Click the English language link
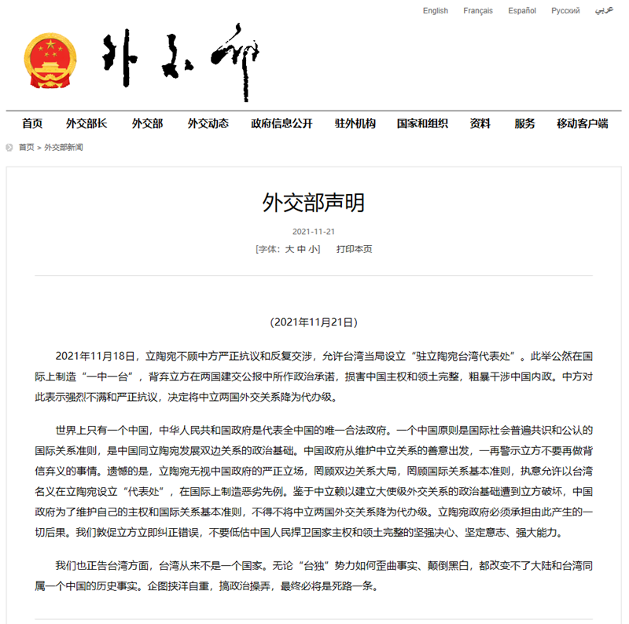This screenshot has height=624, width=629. pos(435,11)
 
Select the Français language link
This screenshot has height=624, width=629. pos(478,11)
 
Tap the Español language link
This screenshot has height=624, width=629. pos(522,11)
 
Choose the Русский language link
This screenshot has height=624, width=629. pos(565,11)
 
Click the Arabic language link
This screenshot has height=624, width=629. pos(604,11)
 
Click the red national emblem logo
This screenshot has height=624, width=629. pos(50,62)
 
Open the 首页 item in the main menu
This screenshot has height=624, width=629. pos(32,123)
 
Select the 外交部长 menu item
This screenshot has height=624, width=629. pos(86,123)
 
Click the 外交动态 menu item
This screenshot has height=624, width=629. pos(208,123)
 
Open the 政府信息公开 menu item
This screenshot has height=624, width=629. pos(281,123)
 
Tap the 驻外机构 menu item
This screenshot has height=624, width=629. pos(355,123)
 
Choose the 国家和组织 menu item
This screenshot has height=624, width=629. pos(422,123)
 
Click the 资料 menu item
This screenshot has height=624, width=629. pos(480,123)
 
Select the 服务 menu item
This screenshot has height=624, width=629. pos(524,123)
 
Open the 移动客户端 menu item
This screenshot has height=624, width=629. pos(583,123)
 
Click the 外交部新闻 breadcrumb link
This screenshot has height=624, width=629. pos(64,147)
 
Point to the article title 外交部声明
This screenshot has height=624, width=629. pos(314,204)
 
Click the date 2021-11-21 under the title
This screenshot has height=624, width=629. pos(314,232)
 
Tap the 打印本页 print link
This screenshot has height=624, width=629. pos(354,249)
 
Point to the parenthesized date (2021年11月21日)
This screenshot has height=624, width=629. pos(314,322)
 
